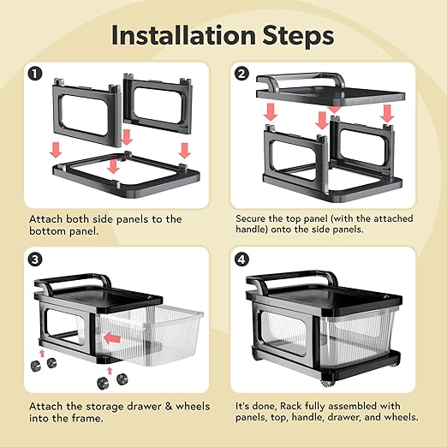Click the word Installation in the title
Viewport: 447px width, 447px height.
(x=183, y=35)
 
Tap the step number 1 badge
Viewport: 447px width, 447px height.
(x=35, y=74)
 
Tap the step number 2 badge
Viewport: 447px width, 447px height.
(x=241, y=74)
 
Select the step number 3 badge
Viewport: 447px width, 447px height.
(x=35, y=259)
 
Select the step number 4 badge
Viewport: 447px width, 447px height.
(x=241, y=259)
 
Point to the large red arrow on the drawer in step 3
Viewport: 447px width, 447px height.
(x=112, y=339)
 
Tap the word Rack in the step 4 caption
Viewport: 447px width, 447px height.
(x=291, y=406)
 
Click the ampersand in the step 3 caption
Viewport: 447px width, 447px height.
(x=169, y=407)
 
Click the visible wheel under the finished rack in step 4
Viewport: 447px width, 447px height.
(x=326, y=383)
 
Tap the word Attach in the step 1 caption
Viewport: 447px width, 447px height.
(x=45, y=219)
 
